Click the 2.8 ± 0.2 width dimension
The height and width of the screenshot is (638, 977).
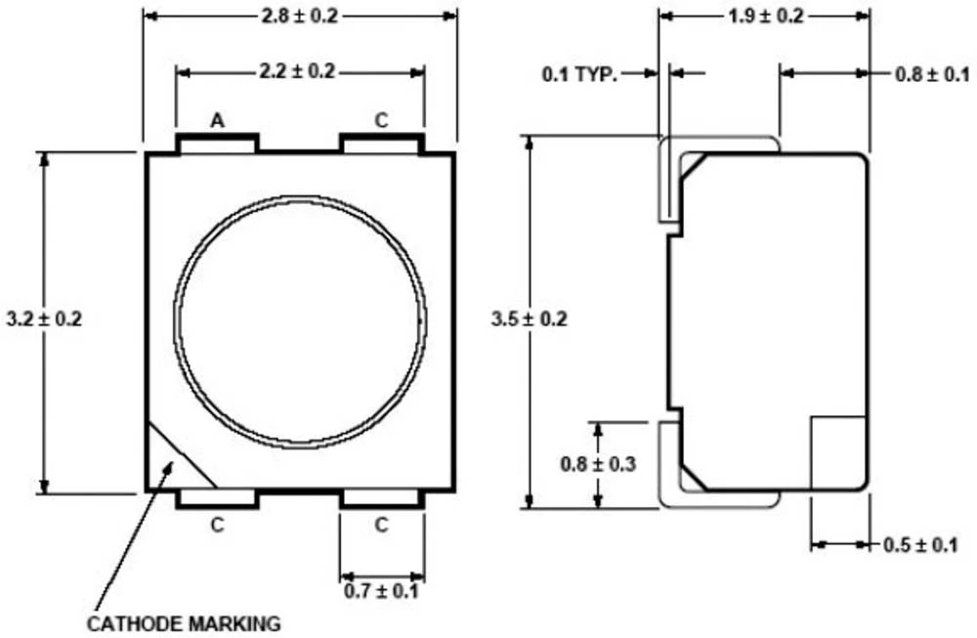[x=300, y=16]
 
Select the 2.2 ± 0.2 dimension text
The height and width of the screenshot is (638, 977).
[x=300, y=71]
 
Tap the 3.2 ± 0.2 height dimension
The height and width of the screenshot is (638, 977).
[x=44, y=319]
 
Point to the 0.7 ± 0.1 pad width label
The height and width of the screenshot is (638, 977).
[x=381, y=591]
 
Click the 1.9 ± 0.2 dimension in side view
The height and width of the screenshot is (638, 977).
[x=766, y=16]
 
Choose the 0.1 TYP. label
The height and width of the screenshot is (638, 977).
[x=580, y=74]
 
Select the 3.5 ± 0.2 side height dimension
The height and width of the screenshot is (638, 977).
[x=529, y=319]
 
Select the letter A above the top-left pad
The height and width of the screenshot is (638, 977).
[x=217, y=121]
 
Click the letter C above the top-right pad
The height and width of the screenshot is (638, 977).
[x=381, y=121]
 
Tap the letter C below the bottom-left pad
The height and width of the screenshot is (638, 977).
[x=217, y=525]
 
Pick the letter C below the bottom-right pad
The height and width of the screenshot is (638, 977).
[x=381, y=525]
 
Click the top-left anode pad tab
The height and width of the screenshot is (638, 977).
[x=217, y=144]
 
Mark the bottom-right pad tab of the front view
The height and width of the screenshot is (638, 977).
[x=381, y=499]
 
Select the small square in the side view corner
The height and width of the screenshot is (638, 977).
[x=838, y=451]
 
